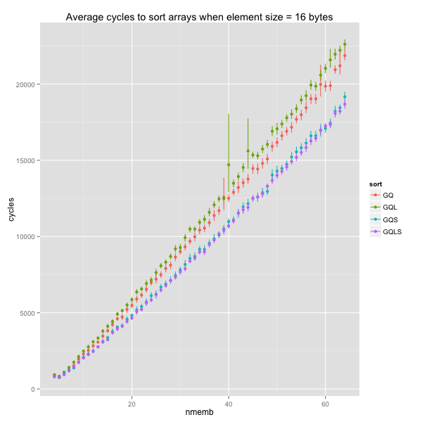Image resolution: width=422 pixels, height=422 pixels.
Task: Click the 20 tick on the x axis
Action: [x=132, y=404]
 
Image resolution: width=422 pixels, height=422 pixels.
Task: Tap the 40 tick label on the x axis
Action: [x=229, y=404]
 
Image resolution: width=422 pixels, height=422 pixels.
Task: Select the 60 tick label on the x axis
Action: [x=325, y=404]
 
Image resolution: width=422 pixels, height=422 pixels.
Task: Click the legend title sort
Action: [x=377, y=184]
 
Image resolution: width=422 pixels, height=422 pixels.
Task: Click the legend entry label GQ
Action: [x=388, y=195]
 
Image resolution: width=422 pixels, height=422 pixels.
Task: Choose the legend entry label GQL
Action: [x=390, y=207]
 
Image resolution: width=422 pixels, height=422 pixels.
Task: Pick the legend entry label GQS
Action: [x=390, y=219]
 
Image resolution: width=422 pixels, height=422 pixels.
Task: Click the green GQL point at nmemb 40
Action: [x=229, y=165]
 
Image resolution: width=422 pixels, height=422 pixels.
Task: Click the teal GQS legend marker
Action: [x=376, y=219]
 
